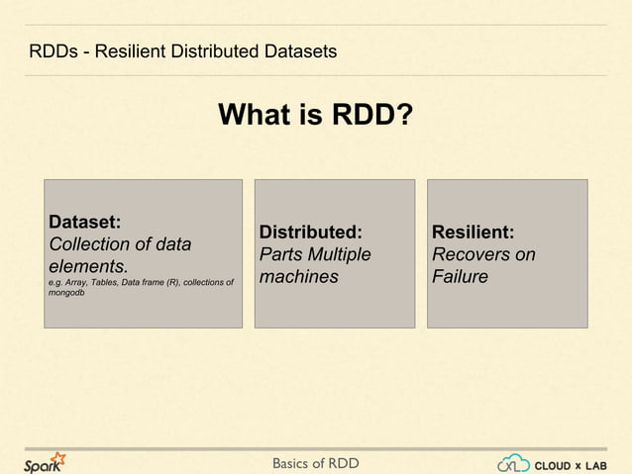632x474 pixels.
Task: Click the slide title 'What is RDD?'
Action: click(315, 117)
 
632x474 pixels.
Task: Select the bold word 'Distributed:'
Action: click(310, 233)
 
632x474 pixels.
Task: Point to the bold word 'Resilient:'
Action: click(473, 233)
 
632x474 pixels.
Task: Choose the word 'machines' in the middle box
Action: click(298, 277)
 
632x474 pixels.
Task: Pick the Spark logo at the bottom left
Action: click(45, 462)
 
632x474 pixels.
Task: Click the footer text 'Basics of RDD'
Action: click(315, 463)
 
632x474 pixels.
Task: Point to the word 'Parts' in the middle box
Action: click(279, 255)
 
